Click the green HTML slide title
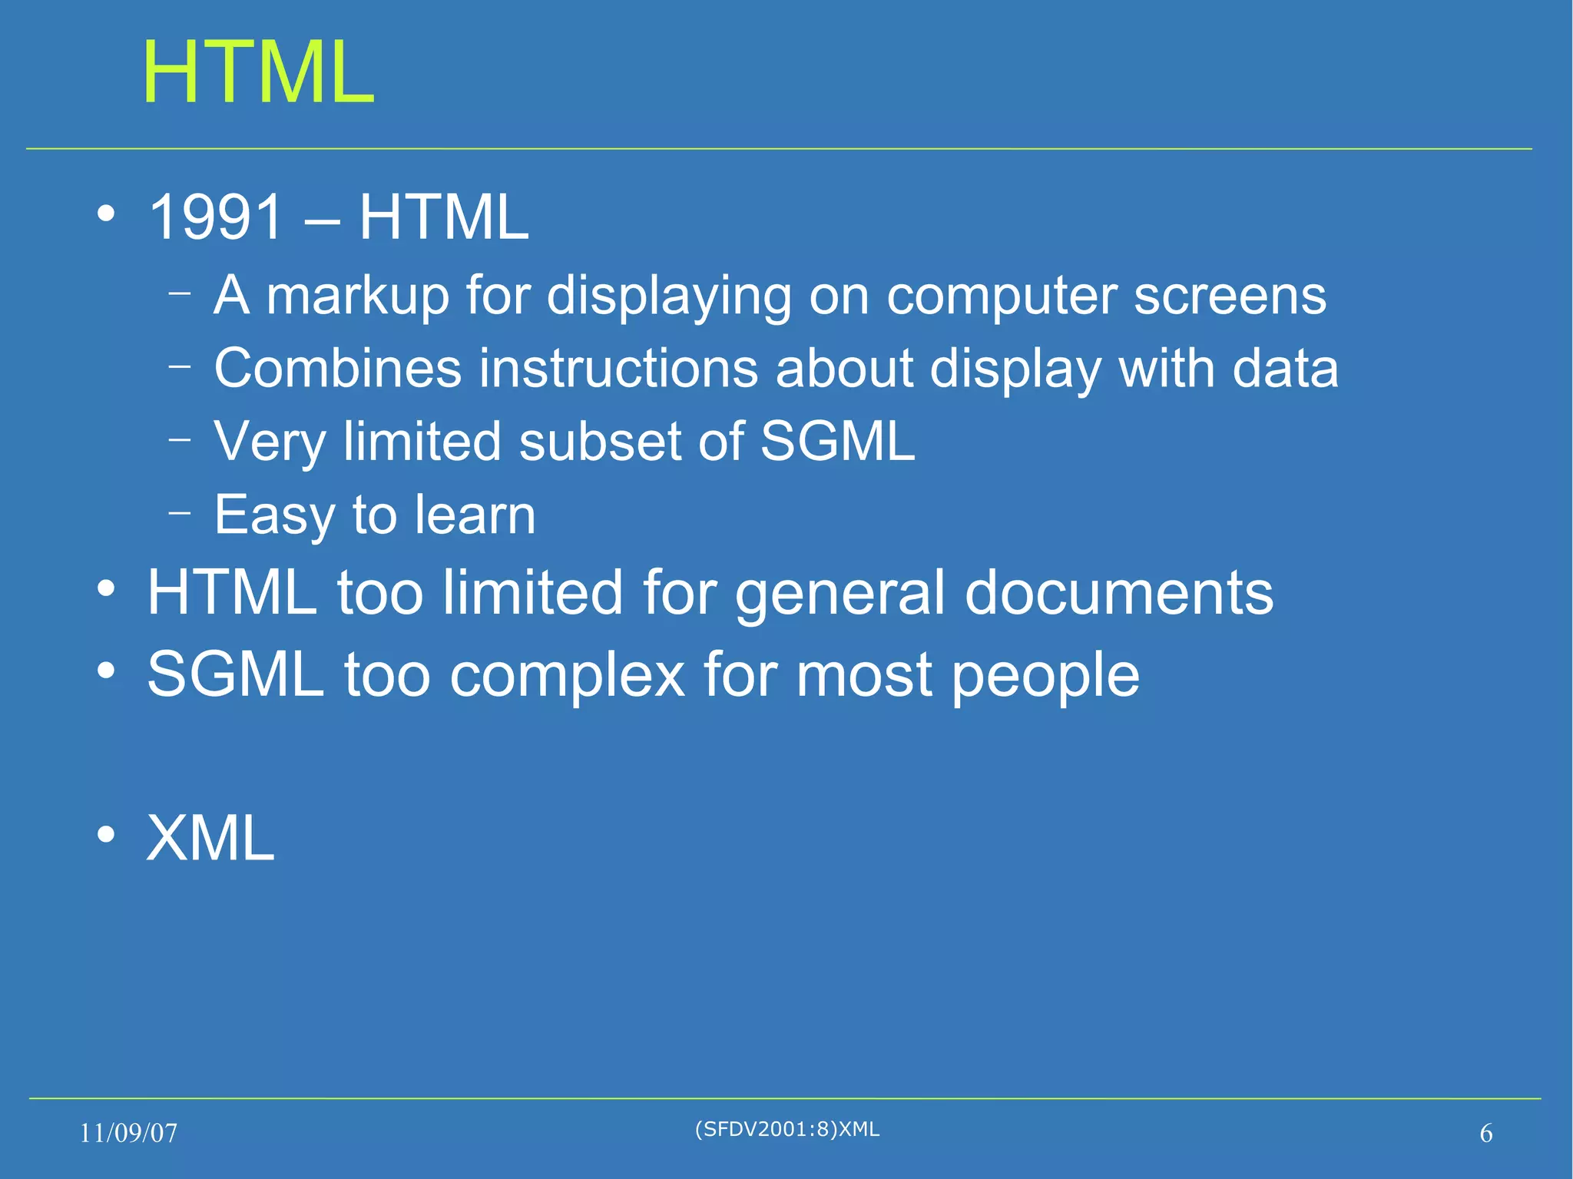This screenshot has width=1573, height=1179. pos(258,72)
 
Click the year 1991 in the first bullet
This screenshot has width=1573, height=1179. pos(216,217)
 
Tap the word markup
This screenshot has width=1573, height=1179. pos(357,296)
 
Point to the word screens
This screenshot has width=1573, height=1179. pos(1230,296)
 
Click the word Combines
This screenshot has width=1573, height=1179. pos(337,368)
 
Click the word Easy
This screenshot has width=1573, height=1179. pos(273,515)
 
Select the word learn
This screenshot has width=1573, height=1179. pos(474,515)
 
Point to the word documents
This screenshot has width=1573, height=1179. pos(1118,593)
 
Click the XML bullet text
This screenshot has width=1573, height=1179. pos(210,838)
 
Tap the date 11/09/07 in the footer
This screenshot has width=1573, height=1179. pos(128,1133)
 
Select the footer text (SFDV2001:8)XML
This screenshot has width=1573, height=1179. pos(787,1128)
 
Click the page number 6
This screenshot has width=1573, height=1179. pos(1486,1133)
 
